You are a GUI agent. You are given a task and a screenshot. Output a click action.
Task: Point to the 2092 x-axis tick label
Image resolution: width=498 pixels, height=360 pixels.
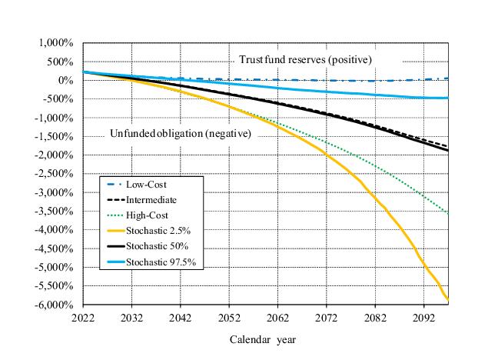[425, 315]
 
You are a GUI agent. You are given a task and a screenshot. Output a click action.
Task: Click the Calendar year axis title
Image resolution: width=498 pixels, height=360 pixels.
[262, 338]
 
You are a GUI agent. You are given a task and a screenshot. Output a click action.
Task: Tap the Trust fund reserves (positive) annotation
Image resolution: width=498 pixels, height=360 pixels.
[305, 59]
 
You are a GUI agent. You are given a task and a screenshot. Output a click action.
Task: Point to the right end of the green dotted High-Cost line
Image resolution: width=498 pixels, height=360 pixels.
[448, 213]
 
